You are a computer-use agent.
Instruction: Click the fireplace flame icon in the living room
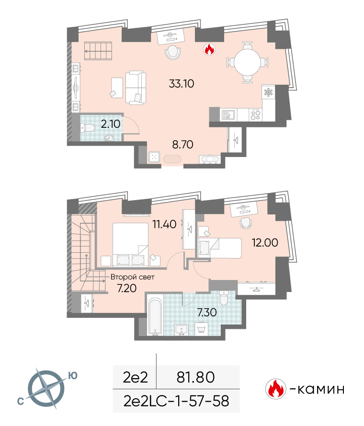point(210,49)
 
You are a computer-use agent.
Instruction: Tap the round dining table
point(248,62)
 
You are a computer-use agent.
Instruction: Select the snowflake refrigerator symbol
point(268,92)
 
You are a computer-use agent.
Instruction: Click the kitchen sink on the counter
point(228,115)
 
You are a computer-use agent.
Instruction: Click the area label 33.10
point(182,84)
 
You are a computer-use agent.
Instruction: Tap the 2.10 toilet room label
point(111,124)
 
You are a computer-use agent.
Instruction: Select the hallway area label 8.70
point(182,145)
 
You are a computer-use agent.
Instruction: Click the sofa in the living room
point(136,88)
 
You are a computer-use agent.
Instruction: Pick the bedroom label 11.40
point(164,224)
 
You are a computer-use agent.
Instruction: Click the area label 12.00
point(265,243)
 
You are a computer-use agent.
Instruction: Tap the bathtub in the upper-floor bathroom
point(155,316)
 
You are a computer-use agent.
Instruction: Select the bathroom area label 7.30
point(207,313)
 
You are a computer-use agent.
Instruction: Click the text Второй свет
point(132,277)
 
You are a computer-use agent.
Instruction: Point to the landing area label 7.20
point(126,288)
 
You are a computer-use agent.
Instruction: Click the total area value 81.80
point(196,377)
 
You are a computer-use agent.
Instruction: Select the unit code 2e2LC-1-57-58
point(176,401)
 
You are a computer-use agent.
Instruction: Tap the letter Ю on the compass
point(73,376)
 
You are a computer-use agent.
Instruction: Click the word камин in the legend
point(321,390)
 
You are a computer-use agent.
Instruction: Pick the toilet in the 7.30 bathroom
point(224,298)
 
